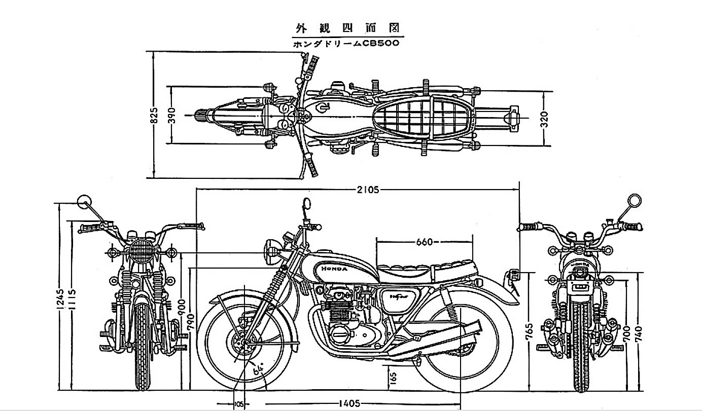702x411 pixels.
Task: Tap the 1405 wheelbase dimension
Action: tap(348, 403)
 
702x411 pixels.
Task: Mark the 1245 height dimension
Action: tap(60, 300)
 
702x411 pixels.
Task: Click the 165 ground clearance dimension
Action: tap(393, 378)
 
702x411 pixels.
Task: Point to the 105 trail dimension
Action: tap(239, 404)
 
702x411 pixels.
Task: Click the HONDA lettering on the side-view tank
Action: tap(333, 269)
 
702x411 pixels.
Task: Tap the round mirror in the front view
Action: tap(83, 202)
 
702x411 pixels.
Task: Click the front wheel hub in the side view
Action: tap(243, 343)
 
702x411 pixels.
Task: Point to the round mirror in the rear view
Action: tap(634, 201)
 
